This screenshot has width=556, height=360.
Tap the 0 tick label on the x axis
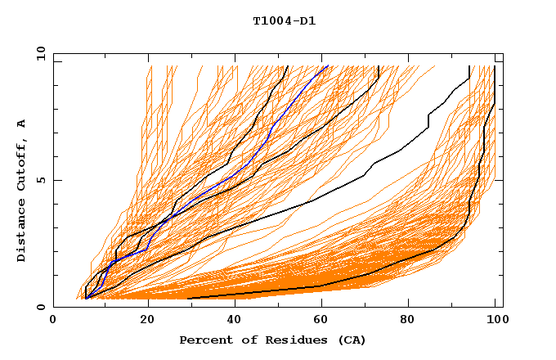[x=53, y=320]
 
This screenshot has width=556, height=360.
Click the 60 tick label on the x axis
[x=325, y=320]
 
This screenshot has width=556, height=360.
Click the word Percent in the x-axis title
[x=203, y=340]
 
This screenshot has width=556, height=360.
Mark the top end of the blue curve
[x=327, y=66]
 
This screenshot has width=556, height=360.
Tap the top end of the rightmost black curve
[x=495, y=66]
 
